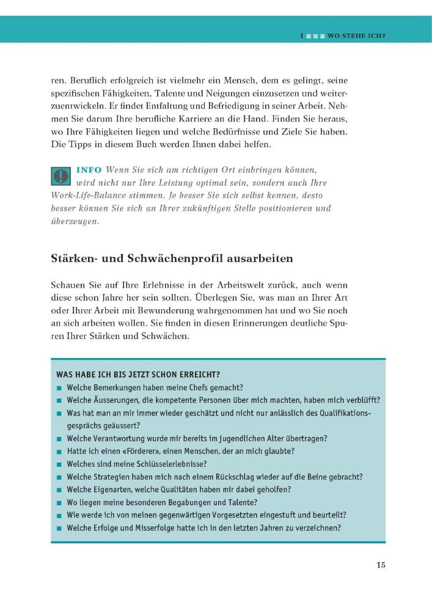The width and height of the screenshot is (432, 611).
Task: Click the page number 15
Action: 381,565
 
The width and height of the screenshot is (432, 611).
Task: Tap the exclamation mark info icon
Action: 61,176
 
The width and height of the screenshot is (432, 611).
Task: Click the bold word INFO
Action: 89,169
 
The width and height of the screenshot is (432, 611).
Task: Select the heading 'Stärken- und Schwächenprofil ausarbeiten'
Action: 172,258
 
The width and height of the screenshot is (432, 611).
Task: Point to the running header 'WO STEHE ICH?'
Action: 356,35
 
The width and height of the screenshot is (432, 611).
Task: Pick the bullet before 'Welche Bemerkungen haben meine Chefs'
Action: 60,388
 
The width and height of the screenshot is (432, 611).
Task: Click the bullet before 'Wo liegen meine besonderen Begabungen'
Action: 60,503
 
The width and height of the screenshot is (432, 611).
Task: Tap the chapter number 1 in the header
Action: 301,35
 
